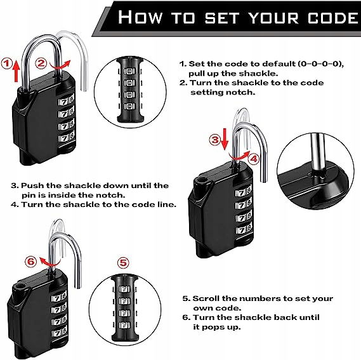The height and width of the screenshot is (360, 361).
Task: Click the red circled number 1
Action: [6, 63]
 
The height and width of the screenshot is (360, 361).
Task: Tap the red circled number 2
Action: [41, 63]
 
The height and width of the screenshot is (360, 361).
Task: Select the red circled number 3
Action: [215, 140]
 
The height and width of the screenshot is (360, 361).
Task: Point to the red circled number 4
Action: [254, 159]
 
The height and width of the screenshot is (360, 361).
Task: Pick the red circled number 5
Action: [123, 262]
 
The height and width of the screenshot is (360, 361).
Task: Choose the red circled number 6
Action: [31, 262]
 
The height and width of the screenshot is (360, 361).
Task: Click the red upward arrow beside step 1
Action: [16, 70]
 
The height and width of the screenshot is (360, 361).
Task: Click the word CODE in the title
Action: [334, 18]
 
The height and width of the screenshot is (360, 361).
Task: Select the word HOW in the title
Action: [140, 17]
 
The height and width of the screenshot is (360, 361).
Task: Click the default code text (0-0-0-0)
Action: [320, 64]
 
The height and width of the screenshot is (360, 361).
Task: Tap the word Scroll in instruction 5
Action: [206, 298]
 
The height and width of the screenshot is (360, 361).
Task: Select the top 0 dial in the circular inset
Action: [129, 71]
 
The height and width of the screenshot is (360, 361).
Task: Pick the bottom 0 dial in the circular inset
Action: [129, 106]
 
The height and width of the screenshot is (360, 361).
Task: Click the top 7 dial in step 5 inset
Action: [124, 289]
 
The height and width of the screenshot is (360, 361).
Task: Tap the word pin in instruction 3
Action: [27, 196]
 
